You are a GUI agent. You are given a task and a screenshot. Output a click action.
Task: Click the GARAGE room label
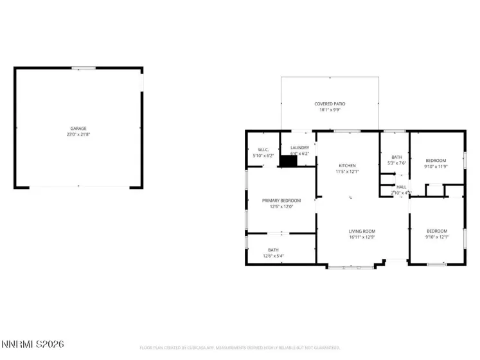78,129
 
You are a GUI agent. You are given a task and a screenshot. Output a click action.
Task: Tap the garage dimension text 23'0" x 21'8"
78,135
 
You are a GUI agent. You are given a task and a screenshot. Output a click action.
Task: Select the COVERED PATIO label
330,104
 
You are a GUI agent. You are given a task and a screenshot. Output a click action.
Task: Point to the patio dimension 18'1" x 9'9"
330,110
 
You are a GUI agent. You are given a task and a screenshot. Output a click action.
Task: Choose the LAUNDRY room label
299,148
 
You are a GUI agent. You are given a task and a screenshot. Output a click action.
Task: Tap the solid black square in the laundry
289,161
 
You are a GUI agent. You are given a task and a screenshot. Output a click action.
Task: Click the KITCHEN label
346,165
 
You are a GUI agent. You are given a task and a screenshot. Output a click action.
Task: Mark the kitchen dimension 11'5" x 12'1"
346,172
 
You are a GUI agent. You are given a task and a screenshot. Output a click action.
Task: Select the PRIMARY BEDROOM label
281,201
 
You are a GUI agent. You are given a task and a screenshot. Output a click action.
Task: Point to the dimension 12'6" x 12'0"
281,207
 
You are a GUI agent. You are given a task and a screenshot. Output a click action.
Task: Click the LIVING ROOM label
362,231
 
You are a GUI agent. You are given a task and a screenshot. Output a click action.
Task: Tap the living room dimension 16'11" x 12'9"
362,238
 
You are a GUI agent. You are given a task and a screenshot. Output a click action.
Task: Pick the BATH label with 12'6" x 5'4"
274,250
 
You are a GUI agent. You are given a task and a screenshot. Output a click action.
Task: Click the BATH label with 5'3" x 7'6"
396,157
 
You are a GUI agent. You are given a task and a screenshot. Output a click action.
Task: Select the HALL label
402,186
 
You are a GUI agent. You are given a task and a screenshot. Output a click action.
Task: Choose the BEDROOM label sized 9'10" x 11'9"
436,160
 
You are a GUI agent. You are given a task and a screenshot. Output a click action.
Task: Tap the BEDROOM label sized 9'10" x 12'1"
437,231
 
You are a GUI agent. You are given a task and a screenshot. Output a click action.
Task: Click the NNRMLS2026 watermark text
33,345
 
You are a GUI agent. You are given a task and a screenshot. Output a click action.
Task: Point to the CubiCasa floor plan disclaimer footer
240,348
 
